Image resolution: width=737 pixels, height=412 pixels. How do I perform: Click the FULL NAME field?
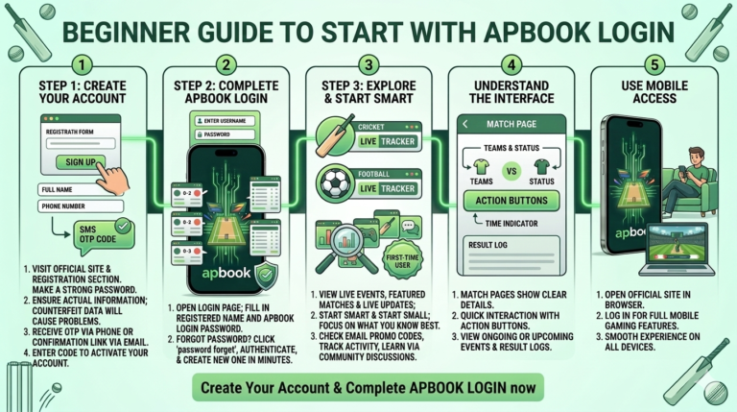click(x=77, y=188)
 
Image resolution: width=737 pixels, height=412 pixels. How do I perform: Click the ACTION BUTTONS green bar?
click(x=511, y=201)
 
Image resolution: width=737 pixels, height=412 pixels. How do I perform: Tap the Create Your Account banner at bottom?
click(x=368, y=387)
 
